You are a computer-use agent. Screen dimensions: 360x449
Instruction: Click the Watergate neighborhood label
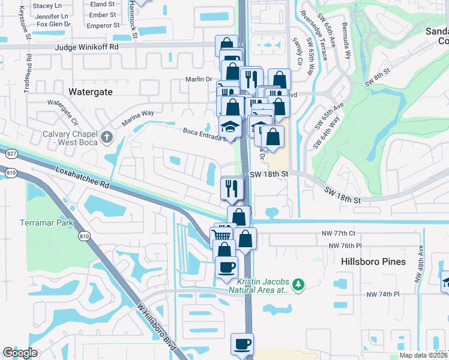point(91,92)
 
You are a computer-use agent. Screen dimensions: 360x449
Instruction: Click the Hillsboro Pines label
point(373,262)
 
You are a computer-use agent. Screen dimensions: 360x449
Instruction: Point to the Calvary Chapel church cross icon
point(107,137)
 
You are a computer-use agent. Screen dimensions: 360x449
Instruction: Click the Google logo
point(20,352)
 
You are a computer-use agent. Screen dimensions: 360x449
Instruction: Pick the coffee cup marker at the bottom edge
point(243,344)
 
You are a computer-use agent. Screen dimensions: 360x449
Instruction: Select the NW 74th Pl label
point(383,294)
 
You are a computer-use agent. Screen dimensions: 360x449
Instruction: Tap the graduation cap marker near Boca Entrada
point(231,127)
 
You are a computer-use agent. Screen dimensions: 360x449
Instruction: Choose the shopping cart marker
point(221,233)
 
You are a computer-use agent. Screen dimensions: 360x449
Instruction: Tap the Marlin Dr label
point(200,79)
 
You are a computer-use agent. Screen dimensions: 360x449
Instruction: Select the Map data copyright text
point(423,355)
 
